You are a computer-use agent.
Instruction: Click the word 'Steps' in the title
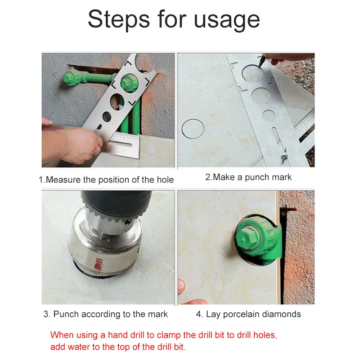click(x=119, y=19)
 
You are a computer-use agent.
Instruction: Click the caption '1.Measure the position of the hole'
click(x=106, y=180)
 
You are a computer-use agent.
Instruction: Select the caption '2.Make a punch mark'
click(x=248, y=177)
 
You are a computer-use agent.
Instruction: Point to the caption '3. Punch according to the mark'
click(x=106, y=314)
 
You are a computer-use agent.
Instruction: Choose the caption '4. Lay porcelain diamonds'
click(x=248, y=314)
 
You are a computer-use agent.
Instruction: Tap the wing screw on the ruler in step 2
click(x=284, y=154)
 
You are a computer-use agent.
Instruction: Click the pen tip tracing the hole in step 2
click(x=261, y=65)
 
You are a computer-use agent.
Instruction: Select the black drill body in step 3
click(x=116, y=202)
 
